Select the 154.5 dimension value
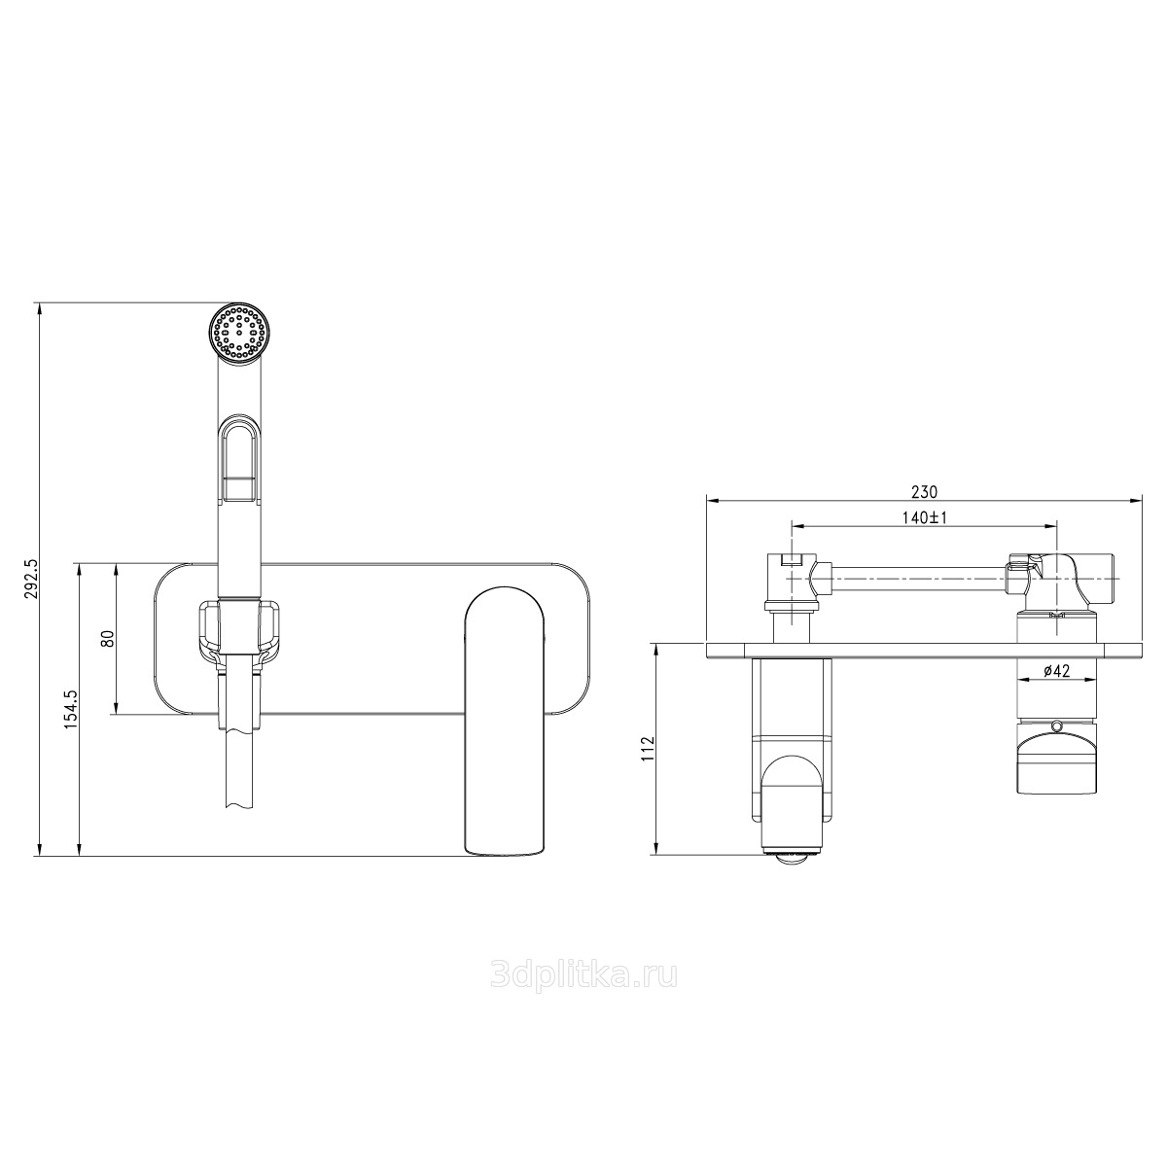(x=72, y=708)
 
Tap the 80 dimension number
(x=108, y=639)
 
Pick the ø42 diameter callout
(x=1057, y=670)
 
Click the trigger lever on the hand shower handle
(x=240, y=458)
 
